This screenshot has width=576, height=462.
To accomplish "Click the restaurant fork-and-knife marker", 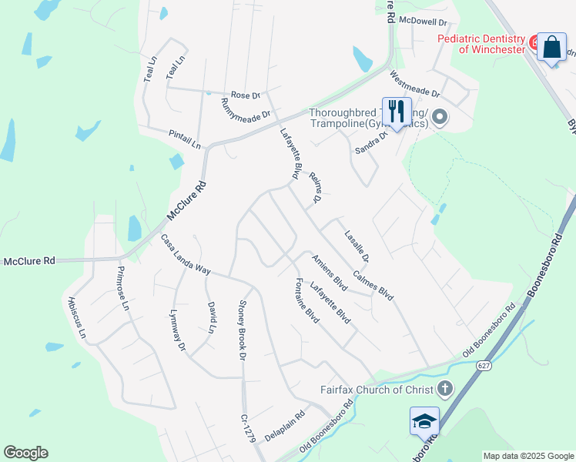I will [397, 112].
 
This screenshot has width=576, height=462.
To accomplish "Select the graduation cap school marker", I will [424, 421].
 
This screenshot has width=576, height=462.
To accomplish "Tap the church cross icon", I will [445, 388].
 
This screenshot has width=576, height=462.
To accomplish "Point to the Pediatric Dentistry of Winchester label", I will [481, 44].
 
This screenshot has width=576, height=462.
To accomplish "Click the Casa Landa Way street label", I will [186, 255].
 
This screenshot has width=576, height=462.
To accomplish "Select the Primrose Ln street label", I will [124, 288].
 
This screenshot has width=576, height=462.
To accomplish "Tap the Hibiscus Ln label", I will [78, 319].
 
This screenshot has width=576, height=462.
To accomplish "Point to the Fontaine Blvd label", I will [307, 301].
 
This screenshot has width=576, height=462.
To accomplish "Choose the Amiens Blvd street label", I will [330, 273].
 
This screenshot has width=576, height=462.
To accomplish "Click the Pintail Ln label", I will [184, 139].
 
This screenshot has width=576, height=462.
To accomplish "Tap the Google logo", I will [25, 453].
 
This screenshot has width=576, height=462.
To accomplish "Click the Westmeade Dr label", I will [414, 85].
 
